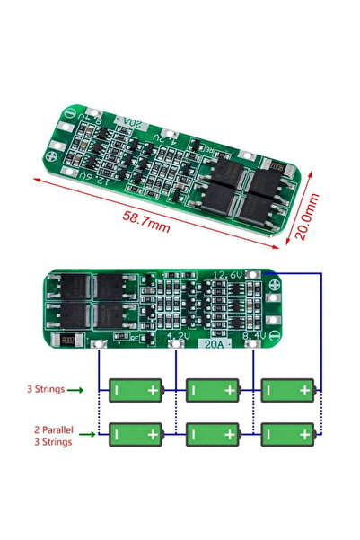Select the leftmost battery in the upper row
tap(136, 390)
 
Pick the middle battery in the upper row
tap(213, 390)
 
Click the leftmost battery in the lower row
tap(136, 435)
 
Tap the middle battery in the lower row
tap(213, 435)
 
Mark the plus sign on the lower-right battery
tap(307, 435)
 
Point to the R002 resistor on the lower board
tap(68, 341)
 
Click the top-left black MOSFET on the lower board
tap(66, 287)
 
